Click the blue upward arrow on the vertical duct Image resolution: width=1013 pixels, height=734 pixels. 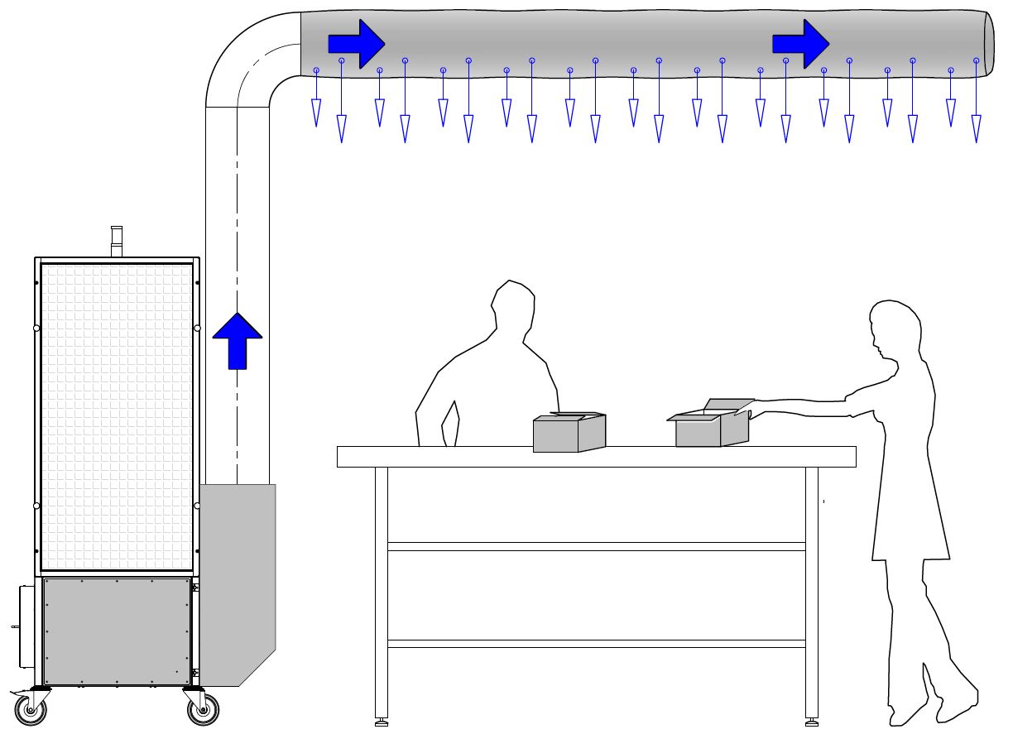[238, 340]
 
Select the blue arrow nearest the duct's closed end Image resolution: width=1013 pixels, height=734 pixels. [800, 42]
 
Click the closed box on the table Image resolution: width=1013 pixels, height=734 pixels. [569, 433]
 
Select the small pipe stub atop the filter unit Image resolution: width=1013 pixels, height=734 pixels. [117, 241]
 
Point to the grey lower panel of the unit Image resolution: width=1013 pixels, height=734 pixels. [117, 631]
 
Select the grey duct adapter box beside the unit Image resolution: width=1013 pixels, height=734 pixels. [238, 579]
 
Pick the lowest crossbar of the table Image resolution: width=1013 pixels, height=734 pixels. [596, 643]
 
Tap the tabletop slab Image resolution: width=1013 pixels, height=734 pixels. [596, 457]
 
